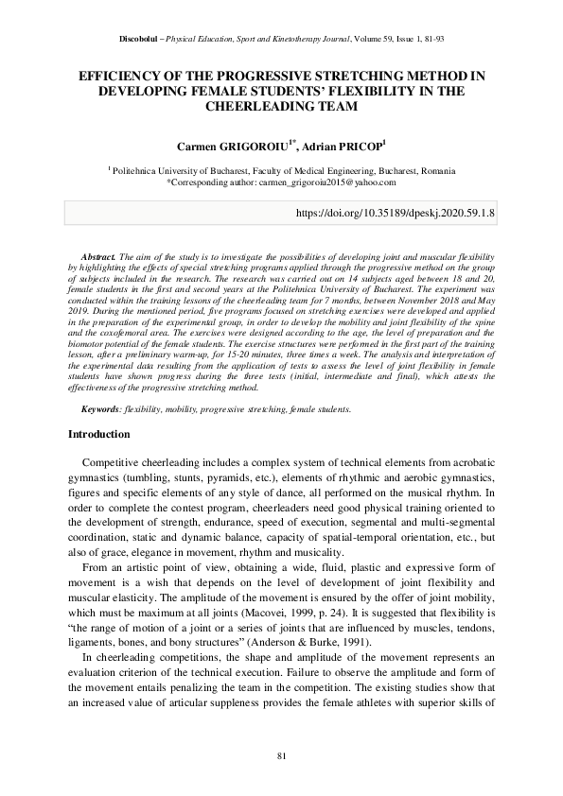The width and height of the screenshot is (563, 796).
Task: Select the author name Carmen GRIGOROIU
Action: tap(233, 147)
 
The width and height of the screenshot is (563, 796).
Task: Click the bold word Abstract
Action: tap(97, 256)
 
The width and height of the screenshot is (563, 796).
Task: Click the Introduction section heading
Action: tap(99, 435)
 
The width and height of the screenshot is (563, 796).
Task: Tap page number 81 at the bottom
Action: tap(281, 755)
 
